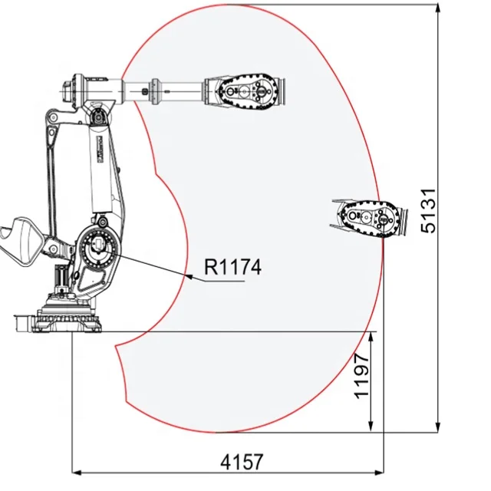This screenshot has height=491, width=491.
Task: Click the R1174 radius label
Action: click(x=232, y=267)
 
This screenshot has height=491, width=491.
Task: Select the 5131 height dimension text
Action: click(x=428, y=211)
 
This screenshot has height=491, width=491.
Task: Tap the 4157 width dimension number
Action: click(x=242, y=462)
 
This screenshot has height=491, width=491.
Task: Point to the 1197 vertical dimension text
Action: click(x=361, y=376)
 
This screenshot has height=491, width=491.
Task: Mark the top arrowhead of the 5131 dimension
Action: click(x=438, y=5)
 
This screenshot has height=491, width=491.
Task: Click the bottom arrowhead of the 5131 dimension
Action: click(x=438, y=433)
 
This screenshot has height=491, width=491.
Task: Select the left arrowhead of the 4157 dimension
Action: click(x=73, y=473)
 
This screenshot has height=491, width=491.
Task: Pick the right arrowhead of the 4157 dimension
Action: click(x=384, y=473)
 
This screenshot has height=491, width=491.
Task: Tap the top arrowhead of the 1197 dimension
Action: click(x=371, y=332)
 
